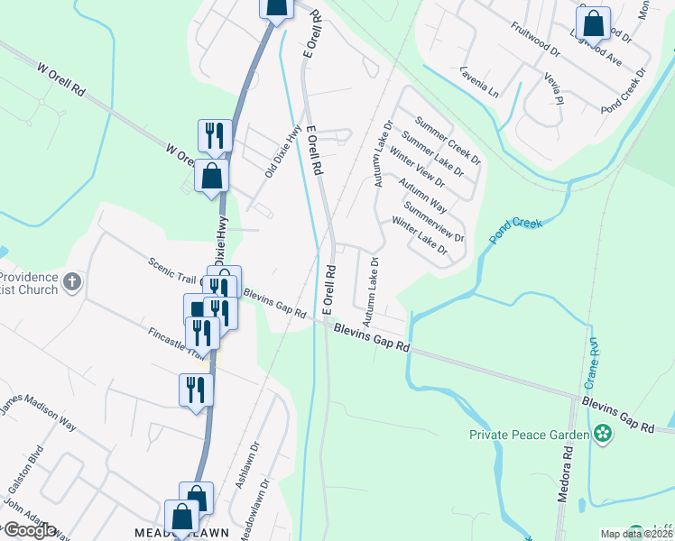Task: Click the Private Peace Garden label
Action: click(530, 435)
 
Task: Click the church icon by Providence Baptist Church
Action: click(72, 282)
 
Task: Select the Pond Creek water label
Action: click(515, 230)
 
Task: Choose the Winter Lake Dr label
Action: click(419, 236)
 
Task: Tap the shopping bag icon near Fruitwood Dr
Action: click(593, 23)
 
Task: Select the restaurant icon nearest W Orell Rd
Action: click(215, 136)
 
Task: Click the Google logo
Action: click(29, 530)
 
